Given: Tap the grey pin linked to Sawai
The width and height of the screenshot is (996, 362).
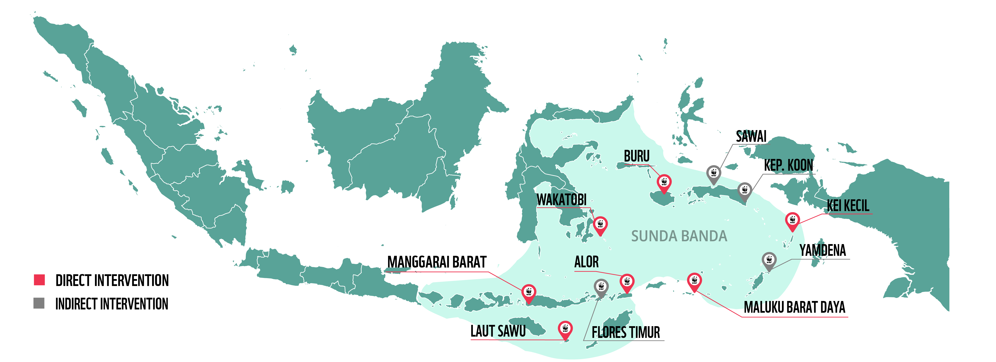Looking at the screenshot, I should [x=714, y=174].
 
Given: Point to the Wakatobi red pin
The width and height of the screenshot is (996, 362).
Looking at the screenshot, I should [x=600, y=225].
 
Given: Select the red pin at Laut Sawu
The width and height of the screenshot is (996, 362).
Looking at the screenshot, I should [x=565, y=330].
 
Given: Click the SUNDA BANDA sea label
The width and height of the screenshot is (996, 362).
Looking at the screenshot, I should [x=679, y=236].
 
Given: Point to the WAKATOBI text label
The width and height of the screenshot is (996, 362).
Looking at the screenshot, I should [x=561, y=200].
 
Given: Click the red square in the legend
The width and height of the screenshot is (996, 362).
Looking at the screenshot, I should [x=40, y=280].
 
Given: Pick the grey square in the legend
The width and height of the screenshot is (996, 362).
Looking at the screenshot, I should [x=39, y=303].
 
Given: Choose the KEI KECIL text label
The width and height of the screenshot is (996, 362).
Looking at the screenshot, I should [x=848, y=205].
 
